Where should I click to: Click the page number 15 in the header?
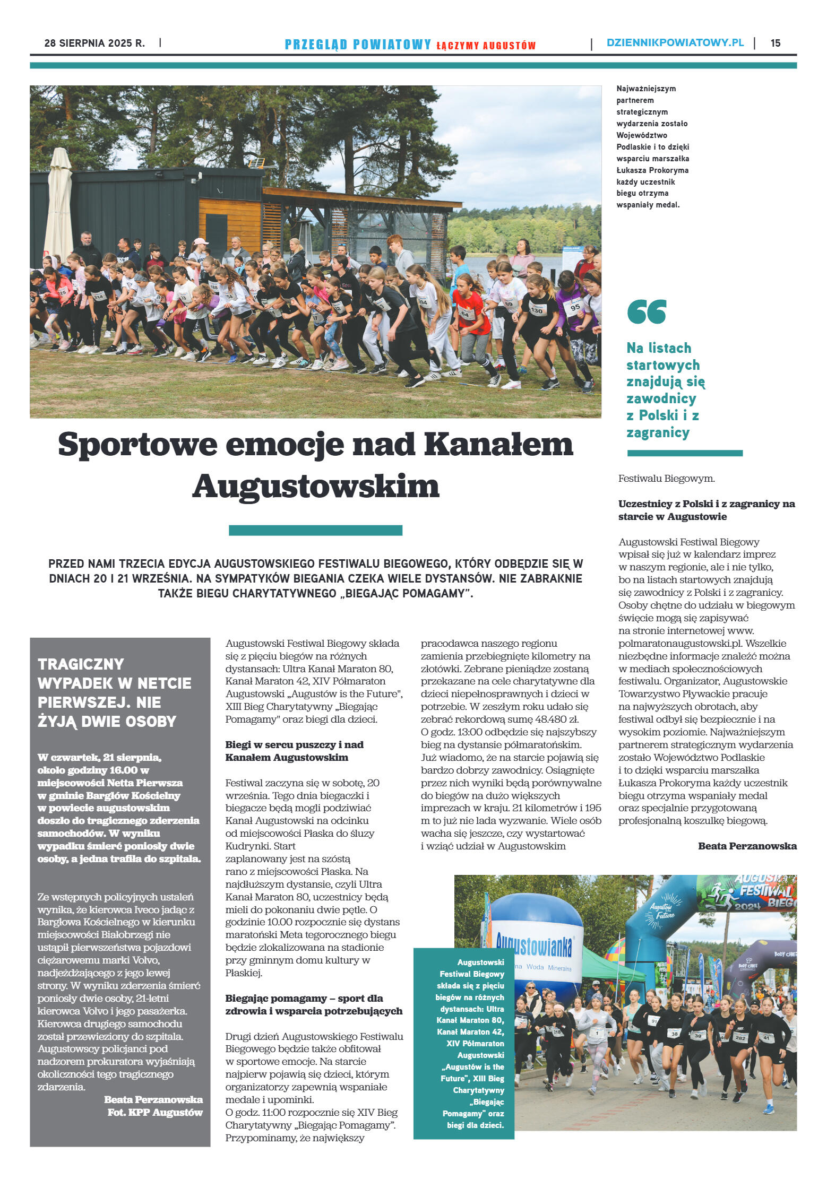pos(775,44)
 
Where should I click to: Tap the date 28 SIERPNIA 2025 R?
pos(94,44)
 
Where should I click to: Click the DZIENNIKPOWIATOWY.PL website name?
pos(675,43)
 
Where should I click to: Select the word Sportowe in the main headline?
pos(137,445)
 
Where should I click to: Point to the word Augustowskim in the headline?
pos(316,486)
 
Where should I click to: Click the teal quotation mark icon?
pos(646,312)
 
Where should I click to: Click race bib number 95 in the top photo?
pos(575,307)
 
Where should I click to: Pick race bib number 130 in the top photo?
pos(537,310)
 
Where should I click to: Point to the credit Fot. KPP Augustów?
pos(155,1112)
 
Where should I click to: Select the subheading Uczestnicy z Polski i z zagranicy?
pos(706,510)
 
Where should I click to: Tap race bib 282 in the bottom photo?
pos(740,1037)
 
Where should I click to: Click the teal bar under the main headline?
pos(315,530)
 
